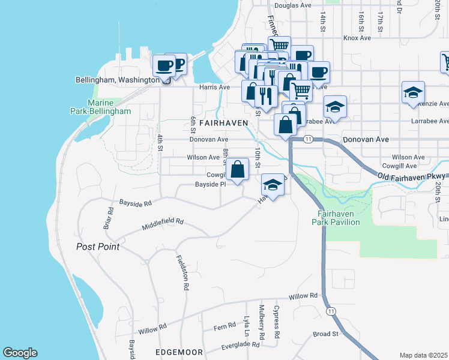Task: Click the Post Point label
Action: pos(98,247)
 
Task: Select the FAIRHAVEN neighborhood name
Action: pos(223,122)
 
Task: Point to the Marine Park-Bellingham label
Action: pos(109,107)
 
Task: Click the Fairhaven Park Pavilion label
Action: pos(336,218)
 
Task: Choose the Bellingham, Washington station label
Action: pos(118,79)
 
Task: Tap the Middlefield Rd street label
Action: pos(163,224)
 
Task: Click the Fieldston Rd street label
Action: pos(182,273)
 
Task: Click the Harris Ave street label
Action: pos(215,87)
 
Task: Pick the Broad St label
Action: pos(326,334)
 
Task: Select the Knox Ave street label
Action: pos(357,38)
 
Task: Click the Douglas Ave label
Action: pos(293,5)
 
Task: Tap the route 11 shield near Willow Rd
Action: pos(331,311)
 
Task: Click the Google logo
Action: pos(20,353)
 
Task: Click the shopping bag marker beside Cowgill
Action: pos(238,169)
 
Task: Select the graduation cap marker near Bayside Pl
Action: pos(273,185)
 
